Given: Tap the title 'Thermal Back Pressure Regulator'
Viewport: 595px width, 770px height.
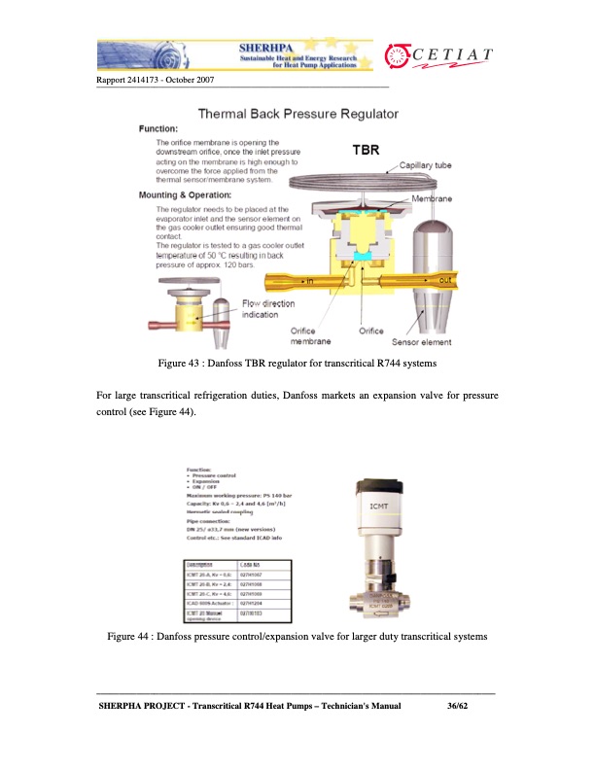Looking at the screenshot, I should pyautogui.click(x=297, y=114).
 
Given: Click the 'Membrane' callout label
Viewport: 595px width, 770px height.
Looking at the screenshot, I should pyautogui.click(x=431, y=197).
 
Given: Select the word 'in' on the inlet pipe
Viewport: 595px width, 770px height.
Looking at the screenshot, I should pyautogui.click(x=311, y=280).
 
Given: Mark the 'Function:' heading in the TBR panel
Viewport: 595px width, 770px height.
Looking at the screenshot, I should pyautogui.click(x=157, y=128).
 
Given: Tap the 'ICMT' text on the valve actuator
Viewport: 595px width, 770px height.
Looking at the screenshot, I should pyautogui.click(x=380, y=506).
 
